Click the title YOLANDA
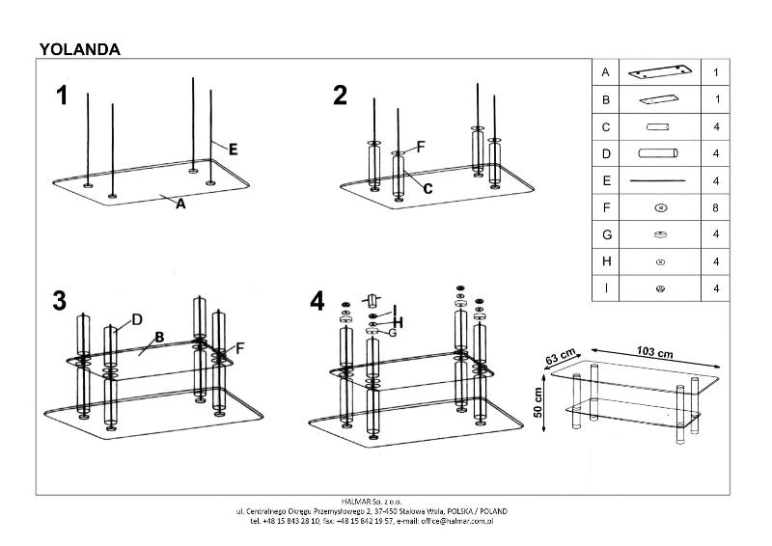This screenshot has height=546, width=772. click(79, 48)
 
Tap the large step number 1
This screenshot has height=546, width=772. click(63, 96)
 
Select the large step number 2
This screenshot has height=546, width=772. click(340, 96)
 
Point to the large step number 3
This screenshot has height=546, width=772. click(60, 300)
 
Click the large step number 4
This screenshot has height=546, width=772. click(317, 301)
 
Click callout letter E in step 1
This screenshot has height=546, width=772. click(233, 149)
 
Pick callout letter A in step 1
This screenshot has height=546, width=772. click(179, 204)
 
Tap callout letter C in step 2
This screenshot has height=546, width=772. click(427, 189)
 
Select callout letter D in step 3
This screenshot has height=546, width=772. click(137, 319)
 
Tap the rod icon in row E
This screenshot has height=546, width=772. click(658, 180)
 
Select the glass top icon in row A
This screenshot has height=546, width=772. click(658, 72)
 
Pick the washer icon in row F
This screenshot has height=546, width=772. click(660, 207)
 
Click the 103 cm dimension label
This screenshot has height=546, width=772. click(655, 352)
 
